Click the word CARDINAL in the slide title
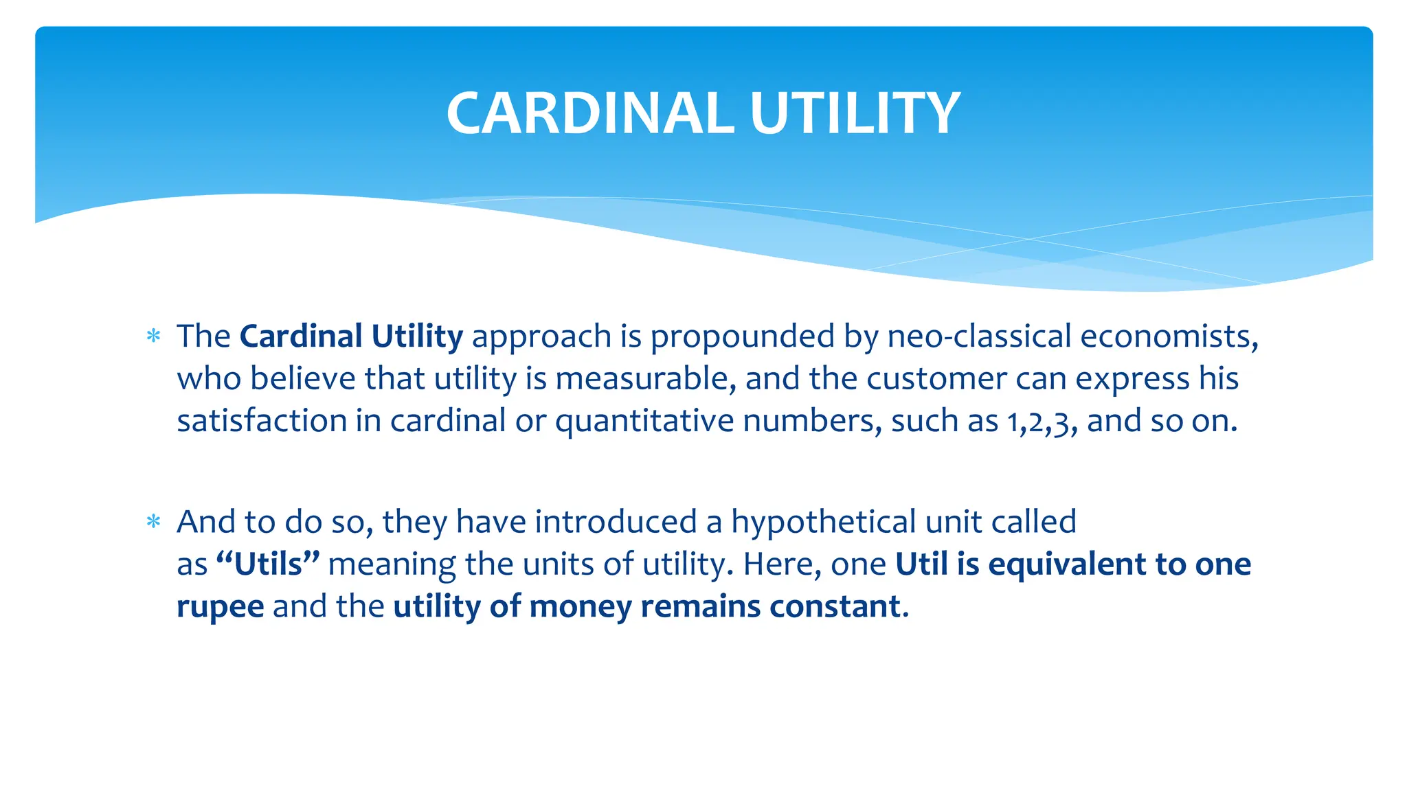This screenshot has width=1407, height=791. pyautogui.click(x=590, y=113)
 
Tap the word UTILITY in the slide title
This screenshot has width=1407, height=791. pyautogui.click(x=855, y=113)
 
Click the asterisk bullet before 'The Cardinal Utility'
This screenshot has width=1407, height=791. pyautogui.click(x=154, y=336)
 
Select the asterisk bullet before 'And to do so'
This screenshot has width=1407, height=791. pyautogui.click(x=154, y=522)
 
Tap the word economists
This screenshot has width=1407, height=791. pyautogui.click(x=1169, y=336)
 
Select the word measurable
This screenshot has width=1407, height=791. pyautogui.click(x=645, y=379)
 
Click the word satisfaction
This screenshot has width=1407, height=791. pyautogui.click(x=261, y=421)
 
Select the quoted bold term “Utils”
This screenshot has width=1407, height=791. pyautogui.click(x=268, y=564)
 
